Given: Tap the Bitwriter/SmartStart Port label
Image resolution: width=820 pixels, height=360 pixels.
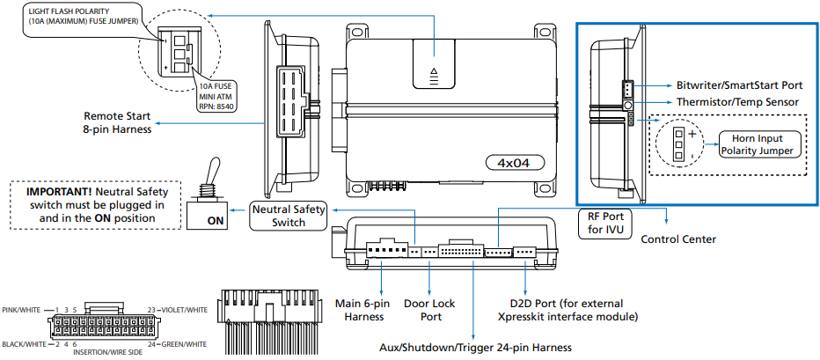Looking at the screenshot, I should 739,85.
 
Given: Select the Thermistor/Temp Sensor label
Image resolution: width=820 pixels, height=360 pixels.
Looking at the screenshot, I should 737,102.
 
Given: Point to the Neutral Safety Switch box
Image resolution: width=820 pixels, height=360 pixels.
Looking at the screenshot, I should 288,216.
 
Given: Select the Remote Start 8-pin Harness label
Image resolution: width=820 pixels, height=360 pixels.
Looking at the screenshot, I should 117,122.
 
